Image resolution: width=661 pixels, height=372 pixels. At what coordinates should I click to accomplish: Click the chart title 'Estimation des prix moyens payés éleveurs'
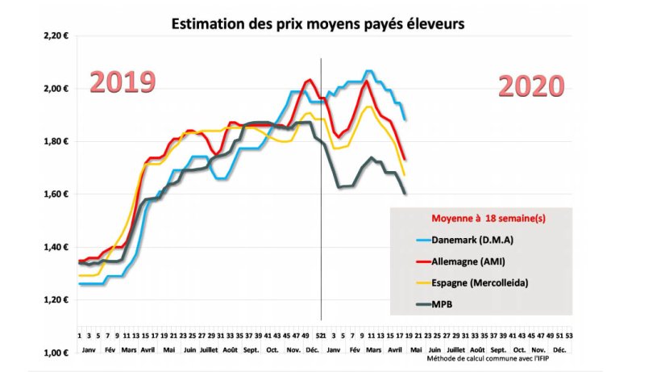click(x=318, y=25)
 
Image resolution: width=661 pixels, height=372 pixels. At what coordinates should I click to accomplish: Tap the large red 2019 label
click(x=123, y=83)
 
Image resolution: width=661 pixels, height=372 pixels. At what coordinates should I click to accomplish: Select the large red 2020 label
click(x=531, y=86)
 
